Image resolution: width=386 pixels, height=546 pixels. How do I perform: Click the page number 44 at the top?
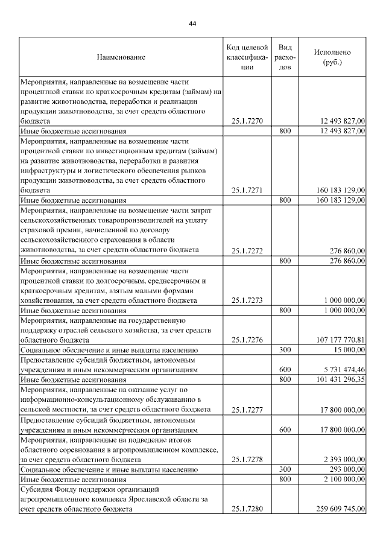pos(192,24)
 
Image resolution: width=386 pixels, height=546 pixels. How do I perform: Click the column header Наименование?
pos(121,57)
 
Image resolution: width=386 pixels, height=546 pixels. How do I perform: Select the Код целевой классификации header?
pos(247,57)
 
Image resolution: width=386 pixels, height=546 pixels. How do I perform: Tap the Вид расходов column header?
pos(286,57)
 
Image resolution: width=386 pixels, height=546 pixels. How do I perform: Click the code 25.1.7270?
pos(247,121)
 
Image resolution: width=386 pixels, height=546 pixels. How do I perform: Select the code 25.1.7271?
pos(247,190)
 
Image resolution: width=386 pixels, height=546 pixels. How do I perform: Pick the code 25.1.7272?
pos(247,250)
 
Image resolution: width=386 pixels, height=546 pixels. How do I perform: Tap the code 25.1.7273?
pos(247,300)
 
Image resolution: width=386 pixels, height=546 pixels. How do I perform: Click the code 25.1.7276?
pos(247,340)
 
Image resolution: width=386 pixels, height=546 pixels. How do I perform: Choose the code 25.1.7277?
pos(247,410)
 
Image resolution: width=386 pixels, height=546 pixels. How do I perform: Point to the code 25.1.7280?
pos(247,509)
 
